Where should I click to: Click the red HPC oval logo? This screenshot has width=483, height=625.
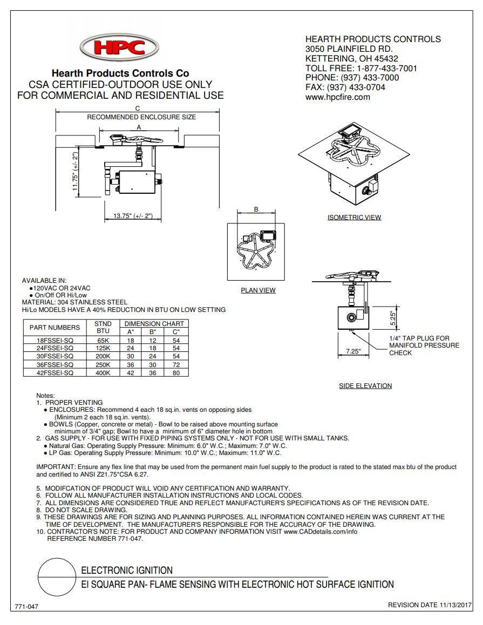coord(119,48)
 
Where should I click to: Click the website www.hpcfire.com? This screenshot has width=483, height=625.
coord(337,97)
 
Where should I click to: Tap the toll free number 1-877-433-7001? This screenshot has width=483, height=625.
coord(386,68)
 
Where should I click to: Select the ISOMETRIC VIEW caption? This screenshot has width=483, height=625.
coord(354,218)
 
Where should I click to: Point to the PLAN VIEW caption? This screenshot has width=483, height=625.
coord(258,290)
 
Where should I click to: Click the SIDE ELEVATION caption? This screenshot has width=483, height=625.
coord(365,386)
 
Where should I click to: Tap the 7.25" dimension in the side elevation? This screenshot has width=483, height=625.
coord(353,351)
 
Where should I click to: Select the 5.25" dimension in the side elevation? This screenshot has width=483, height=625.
coord(393,316)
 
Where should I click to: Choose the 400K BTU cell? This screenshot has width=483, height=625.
coord(103,373)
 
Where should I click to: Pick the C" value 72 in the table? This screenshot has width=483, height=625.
coord(176,365)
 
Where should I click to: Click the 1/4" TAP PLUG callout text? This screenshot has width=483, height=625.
coord(419,338)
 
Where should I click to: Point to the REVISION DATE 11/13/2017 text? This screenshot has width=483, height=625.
coord(430,605)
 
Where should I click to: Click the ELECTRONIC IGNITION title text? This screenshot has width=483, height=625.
coord(127,570)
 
